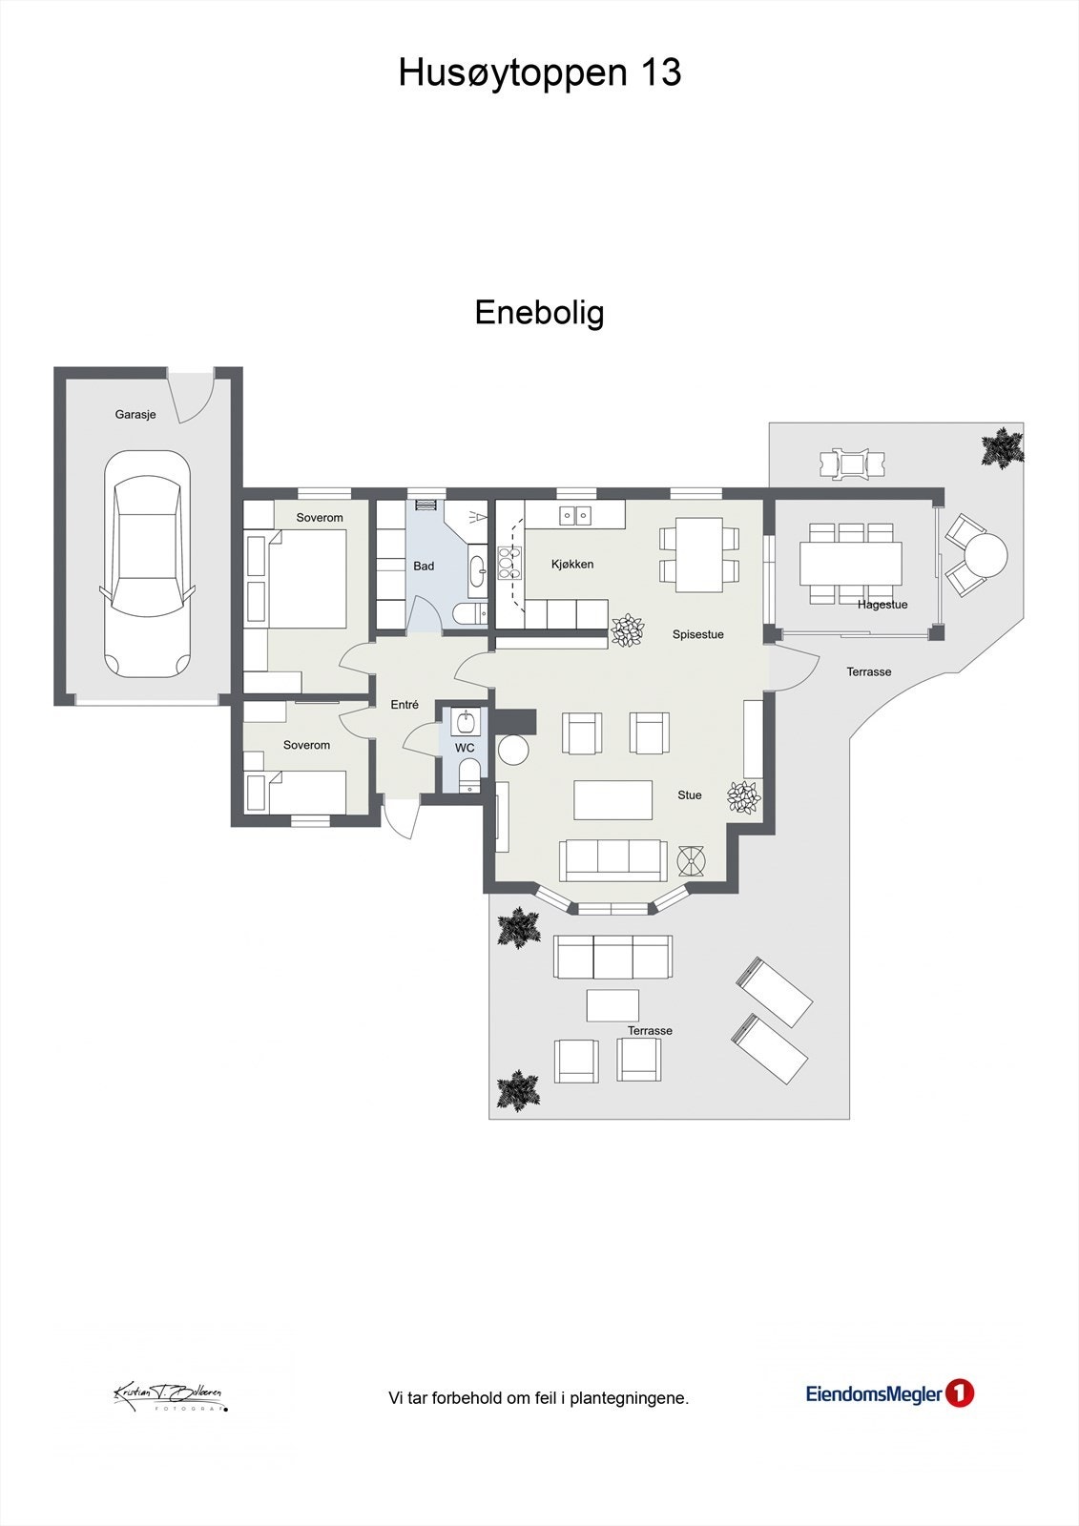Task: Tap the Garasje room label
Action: [135, 414]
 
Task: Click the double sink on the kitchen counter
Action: [575, 516]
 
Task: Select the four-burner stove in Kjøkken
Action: [505, 564]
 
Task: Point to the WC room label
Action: [465, 748]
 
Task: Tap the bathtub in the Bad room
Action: [477, 571]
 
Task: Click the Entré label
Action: [405, 705]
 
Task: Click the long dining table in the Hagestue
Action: [851, 563]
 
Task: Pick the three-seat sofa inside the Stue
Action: [612, 860]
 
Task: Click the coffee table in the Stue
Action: [612, 800]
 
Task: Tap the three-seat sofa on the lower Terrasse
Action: [612, 957]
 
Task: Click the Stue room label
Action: [689, 795]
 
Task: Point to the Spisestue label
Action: [698, 634]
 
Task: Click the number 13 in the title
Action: [660, 72]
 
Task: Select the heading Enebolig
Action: [539, 313]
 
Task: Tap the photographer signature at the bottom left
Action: [170, 1396]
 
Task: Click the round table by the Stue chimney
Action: [513, 752]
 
